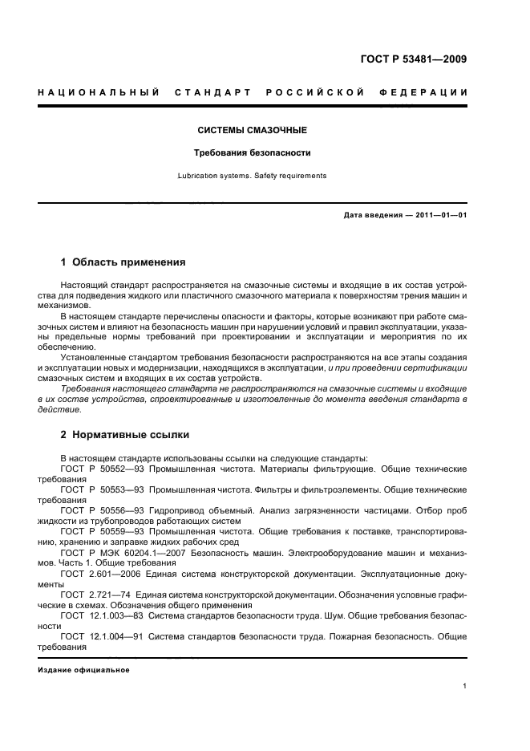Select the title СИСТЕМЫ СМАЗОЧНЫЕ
[x=253, y=130]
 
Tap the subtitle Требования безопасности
[x=253, y=152]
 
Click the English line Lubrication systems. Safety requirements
[x=253, y=175]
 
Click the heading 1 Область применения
[x=123, y=262]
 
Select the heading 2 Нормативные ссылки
[x=125, y=435]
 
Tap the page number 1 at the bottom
[x=465, y=686]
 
